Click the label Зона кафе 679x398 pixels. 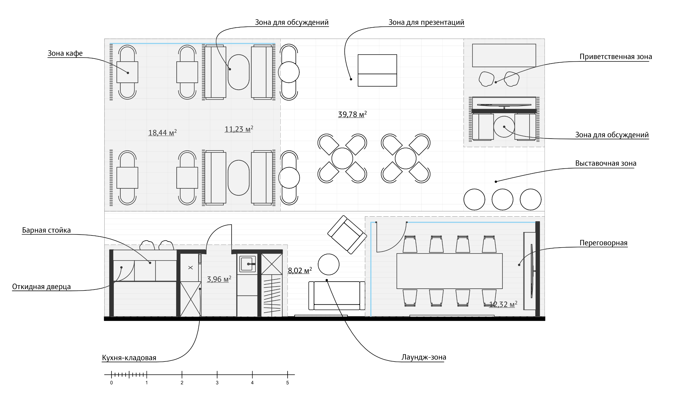[x=65, y=53]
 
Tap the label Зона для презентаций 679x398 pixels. [x=426, y=22]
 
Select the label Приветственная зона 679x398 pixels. [x=616, y=57]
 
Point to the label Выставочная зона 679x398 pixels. [x=606, y=163]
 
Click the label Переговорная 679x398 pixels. [x=603, y=243]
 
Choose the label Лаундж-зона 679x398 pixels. [x=423, y=357]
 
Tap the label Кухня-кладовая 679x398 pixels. [x=129, y=358]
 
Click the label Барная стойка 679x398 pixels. [x=46, y=230]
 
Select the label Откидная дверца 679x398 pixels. [x=41, y=287]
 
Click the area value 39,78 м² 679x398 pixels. [x=352, y=114]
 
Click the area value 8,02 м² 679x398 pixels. [x=300, y=271]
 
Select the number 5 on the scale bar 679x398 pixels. [x=287, y=383]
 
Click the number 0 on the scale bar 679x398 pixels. [x=112, y=383]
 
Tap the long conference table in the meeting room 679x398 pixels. [x=449, y=271]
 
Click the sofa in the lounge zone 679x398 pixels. [x=337, y=296]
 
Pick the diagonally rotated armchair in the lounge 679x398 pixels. [x=347, y=235]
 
